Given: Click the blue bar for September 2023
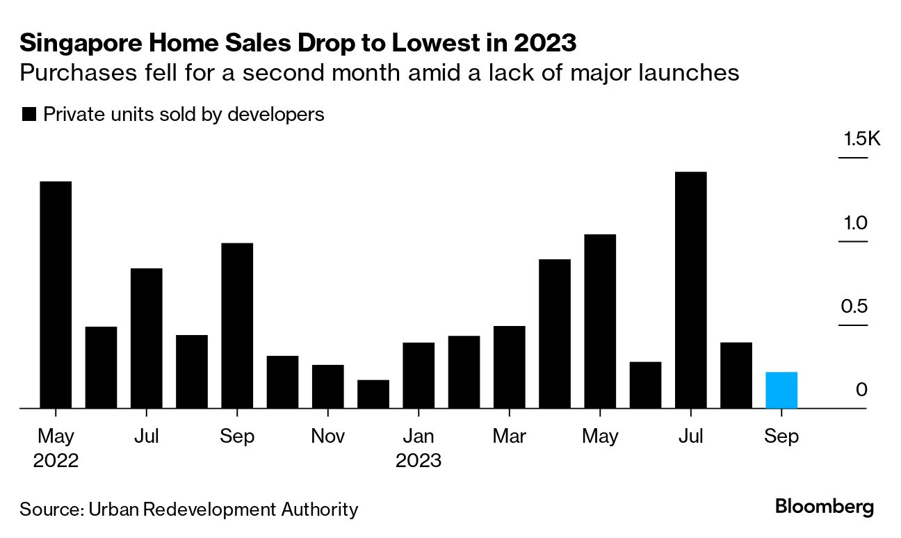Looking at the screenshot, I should pyautogui.click(x=781, y=390).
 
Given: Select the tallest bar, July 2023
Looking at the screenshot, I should pyautogui.click(x=690, y=290).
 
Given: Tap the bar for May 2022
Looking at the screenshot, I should pyautogui.click(x=56, y=295).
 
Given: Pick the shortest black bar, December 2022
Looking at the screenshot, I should pyautogui.click(x=373, y=394).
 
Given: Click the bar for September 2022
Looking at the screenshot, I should pyautogui.click(x=237, y=325).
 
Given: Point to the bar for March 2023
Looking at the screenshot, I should pyautogui.click(x=510, y=367).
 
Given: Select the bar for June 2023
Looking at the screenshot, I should pyautogui.click(x=645, y=385).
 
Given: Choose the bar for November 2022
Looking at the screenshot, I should pyautogui.click(x=328, y=386).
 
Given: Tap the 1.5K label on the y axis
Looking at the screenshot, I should pyautogui.click(x=861, y=140).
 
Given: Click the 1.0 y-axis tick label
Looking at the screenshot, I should pyautogui.click(x=857, y=223).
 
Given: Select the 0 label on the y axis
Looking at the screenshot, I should pyautogui.click(x=862, y=390).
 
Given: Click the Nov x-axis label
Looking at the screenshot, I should pyautogui.click(x=327, y=437).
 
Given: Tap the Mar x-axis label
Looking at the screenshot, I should pyautogui.click(x=510, y=437).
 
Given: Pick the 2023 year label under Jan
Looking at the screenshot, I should pyautogui.click(x=419, y=461).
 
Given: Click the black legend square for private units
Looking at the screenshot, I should pyautogui.click(x=29, y=115).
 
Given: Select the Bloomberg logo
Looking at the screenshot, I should pyautogui.click(x=825, y=507).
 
